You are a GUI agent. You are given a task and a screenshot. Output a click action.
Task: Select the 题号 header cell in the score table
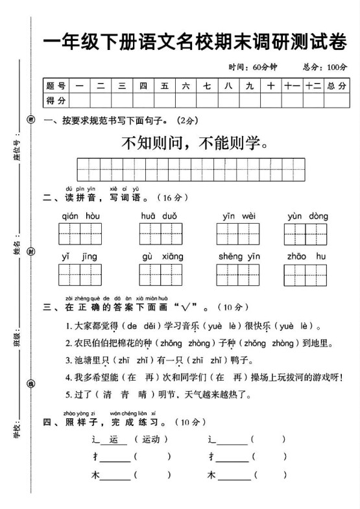tap(56, 86)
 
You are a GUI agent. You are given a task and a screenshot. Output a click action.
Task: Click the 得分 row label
tap(56, 100)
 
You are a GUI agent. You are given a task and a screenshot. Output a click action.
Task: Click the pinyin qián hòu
tap(81, 216)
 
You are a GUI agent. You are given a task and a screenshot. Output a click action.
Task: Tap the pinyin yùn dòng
tap(307, 216)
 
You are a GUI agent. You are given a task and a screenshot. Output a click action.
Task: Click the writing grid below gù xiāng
tap(160, 275)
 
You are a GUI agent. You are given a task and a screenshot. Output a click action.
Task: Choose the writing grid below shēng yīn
tap(239, 275)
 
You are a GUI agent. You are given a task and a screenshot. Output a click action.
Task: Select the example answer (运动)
tap(150, 439)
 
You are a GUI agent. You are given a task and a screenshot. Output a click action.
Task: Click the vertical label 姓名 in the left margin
tap(18, 247)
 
